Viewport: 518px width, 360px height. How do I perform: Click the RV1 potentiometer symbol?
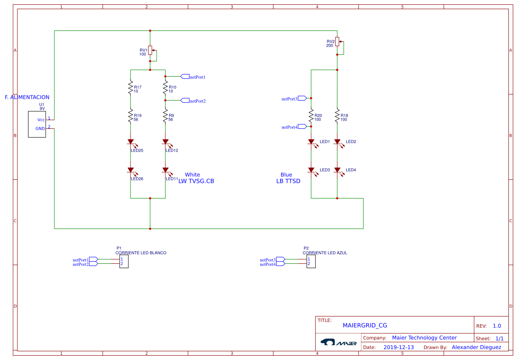tap(150, 50)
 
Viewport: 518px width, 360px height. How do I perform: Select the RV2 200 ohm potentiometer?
tap(338, 44)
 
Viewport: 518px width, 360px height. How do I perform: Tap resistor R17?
tap(130, 88)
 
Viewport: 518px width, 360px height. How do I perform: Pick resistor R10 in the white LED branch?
tap(165, 88)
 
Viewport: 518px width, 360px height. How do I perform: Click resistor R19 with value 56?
tap(130, 117)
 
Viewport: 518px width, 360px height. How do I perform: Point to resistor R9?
tap(165, 117)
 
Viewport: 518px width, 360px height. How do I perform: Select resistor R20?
tap(311, 117)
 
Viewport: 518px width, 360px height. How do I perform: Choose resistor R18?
tap(337, 117)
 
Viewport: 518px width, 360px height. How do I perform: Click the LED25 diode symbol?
tap(130, 142)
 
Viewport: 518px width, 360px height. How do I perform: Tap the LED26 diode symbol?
tap(130, 170)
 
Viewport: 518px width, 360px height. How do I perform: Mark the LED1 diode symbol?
tap(311, 142)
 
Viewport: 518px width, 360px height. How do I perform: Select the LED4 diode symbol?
tap(337, 170)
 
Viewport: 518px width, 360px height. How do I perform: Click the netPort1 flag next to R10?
tap(185, 77)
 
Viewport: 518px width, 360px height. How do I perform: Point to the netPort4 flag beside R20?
tap(302, 127)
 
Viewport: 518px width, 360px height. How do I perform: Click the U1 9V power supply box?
tap(37, 124)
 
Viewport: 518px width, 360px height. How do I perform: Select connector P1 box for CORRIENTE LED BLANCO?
tap(124, 262)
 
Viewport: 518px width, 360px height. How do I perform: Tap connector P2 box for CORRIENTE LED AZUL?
tap(311, 262)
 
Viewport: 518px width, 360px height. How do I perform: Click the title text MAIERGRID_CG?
tap(364, 325)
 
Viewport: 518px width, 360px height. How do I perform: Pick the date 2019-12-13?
tap(398, 347)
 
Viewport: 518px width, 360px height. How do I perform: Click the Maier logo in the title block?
tap(338, 343)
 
